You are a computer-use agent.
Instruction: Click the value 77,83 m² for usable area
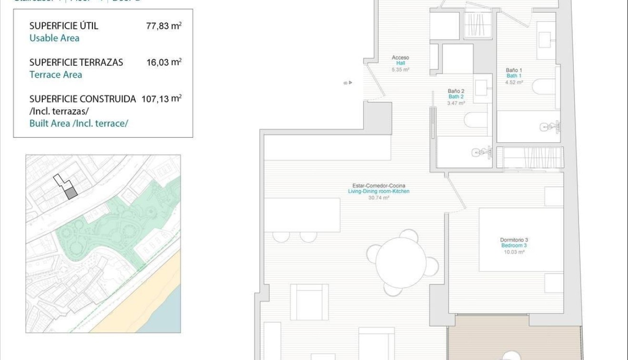(163, 26)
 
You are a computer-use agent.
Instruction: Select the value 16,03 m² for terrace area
(163, 62)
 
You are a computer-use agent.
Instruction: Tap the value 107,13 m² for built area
(161, 99)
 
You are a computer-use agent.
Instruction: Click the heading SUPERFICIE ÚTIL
(63, 26)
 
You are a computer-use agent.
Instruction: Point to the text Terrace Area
(55, 75)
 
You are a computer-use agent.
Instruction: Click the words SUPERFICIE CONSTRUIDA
(82, 99)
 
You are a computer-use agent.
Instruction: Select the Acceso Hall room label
(400, 60)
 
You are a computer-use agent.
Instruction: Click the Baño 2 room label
(456, 94)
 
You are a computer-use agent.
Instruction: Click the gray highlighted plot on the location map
(70, 193)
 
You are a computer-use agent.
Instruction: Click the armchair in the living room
(309, 302)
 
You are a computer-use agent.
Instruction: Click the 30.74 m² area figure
(379, 197)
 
